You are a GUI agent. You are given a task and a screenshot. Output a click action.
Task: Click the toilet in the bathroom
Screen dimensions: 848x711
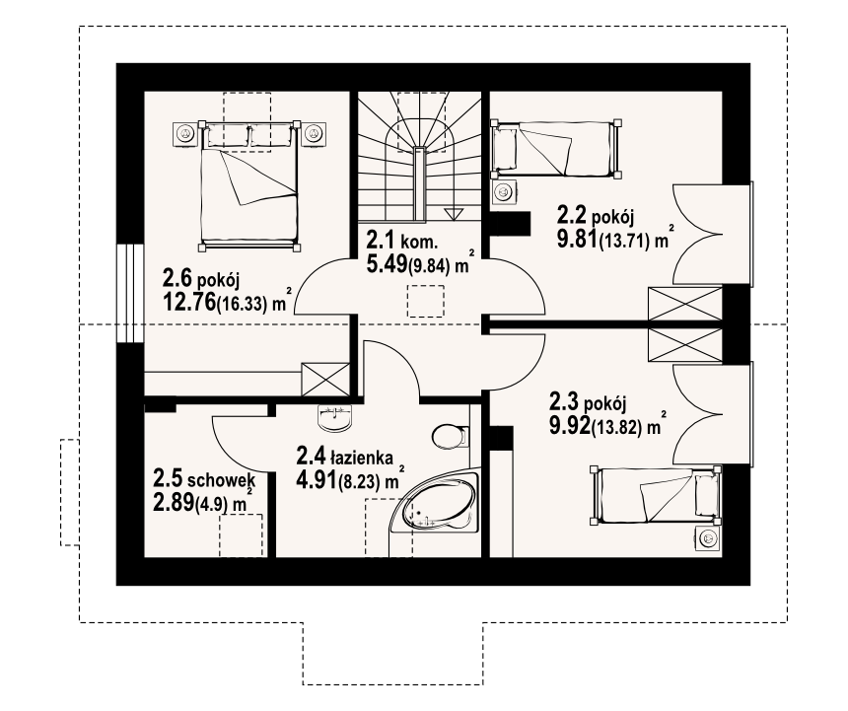point(450,436)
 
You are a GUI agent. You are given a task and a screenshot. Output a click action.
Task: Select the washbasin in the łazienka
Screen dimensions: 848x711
point(335,418)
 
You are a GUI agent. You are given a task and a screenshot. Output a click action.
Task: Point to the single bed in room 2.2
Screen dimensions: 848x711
point(555,149)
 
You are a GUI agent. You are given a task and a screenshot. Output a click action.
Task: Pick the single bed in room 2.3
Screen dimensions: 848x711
point(656,495)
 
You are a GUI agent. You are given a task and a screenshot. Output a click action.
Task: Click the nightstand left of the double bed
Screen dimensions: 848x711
point(185,133)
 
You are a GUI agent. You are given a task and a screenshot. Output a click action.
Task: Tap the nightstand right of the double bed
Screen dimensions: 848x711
point(314,133)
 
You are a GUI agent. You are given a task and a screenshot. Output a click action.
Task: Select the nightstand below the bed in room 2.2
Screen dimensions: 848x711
point(505,191)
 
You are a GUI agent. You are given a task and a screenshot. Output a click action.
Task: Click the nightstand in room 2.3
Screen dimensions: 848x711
point(707,537)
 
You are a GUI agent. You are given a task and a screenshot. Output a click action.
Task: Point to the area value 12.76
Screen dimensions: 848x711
point(188,303)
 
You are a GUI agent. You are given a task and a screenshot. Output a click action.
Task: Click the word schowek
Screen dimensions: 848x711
point(221,479)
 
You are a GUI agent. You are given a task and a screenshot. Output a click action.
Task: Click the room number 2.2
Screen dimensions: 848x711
point(572,216)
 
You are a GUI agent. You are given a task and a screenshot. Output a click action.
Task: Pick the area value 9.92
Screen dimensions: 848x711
point(570,426)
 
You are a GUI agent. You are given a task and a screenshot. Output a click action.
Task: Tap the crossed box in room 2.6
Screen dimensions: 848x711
point(325,380)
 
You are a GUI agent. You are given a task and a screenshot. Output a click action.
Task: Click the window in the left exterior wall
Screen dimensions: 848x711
point(130,293)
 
